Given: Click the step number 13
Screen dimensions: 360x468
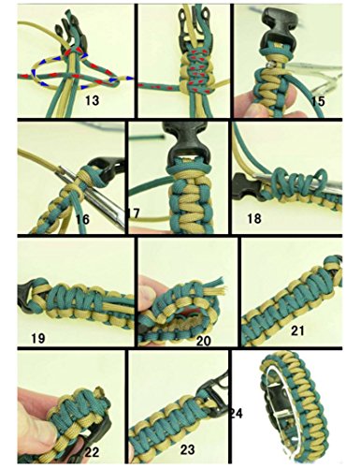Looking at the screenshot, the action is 93,100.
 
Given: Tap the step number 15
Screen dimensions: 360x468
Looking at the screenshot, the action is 318,101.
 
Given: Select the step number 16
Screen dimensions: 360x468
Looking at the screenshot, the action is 82,219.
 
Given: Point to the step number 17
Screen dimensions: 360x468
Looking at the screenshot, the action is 134,213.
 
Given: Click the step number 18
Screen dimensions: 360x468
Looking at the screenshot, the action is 254,218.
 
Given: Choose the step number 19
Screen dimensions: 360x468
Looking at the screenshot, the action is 38,338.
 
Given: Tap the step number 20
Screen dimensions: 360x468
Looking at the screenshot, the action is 203,341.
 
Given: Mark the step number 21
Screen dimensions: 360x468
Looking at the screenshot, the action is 297,330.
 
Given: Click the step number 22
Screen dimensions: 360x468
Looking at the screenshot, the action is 92,452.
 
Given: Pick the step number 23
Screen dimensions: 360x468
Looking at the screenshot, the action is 188,449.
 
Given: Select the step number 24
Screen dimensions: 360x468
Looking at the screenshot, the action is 237,413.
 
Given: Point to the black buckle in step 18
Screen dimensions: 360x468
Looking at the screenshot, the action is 245,185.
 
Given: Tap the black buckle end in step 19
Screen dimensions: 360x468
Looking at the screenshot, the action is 29,297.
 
